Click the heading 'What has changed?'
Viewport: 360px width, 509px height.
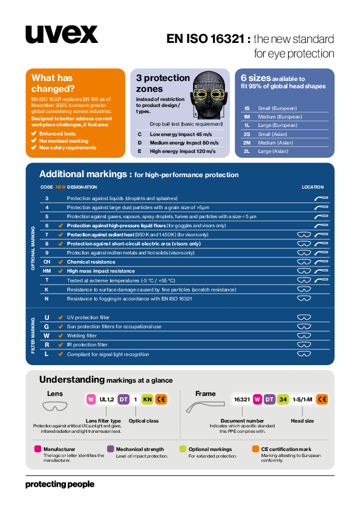[52, 83]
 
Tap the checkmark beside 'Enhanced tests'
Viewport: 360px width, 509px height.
[34, 134]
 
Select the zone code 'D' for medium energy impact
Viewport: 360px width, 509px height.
[139, 143]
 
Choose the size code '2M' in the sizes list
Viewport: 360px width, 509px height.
[247, 143]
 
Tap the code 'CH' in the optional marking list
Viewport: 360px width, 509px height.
[47, 262]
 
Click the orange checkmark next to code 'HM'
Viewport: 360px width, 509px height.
[60, 271]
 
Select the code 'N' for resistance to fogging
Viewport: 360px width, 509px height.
[47, 299]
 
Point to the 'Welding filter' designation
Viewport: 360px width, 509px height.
[82, 336]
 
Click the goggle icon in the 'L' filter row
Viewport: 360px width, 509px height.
[304, 354]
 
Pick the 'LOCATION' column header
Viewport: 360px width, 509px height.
[313, 187]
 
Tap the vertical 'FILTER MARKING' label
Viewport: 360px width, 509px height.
[33, 336]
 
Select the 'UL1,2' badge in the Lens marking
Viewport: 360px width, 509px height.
[107, 400]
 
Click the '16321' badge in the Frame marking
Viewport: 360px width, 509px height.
[242, 400]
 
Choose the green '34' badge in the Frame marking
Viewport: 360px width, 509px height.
[283, 400]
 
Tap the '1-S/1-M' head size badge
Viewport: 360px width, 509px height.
[302, 400]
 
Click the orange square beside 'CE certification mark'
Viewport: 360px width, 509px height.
[256, 449]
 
